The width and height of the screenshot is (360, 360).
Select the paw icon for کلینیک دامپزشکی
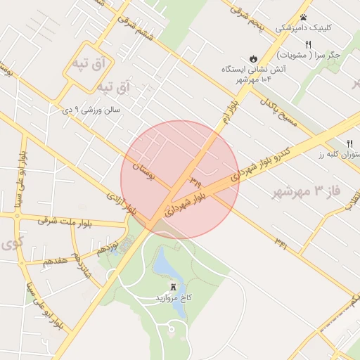[x=303, y=17]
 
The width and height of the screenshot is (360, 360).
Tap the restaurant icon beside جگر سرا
[x=308, y=44]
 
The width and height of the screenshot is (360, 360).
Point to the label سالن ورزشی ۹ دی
[x=92, y=110]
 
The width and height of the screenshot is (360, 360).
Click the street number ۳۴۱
[x=281, y=243]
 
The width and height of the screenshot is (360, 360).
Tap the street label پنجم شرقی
[x=250, y=16]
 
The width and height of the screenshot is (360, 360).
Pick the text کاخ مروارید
[x=174, y=298]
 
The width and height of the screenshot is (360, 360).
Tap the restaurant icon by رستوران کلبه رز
[x=350, y=143]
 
